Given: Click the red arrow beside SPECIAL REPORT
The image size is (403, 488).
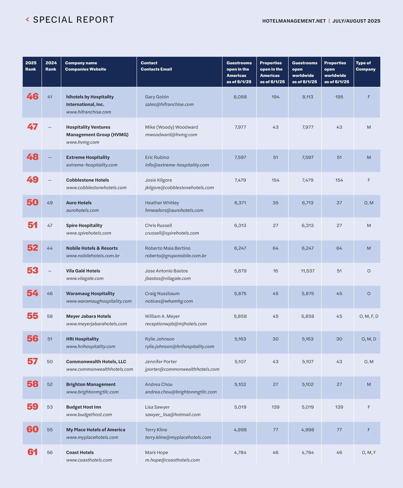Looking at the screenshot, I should (x=28, y=20).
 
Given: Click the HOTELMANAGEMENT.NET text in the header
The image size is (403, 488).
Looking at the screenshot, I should (x=294, y=21).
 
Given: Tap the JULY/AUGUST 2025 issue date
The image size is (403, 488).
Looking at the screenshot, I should (x=356, y=21).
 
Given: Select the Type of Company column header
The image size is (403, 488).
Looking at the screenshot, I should (x=365, y=66).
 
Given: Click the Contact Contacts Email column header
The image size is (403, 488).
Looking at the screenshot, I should (x=156, y=66).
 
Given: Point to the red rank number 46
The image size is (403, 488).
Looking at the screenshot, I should (x=33, y=97).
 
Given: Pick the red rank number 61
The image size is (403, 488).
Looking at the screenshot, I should (x=33, y=452).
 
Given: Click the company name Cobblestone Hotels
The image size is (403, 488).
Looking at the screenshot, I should (x=87, y=180).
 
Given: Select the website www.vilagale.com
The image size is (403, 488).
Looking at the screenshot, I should (x=85, y=279).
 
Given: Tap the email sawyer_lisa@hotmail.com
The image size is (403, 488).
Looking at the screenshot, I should (x=173, y=415).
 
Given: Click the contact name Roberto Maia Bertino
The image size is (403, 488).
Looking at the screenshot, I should (x=168, y=248).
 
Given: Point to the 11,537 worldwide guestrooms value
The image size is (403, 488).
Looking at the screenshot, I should (x=308, y=271).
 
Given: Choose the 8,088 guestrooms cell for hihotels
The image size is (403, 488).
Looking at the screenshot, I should (x=240, y=97).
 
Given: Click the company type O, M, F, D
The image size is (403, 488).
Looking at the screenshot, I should (x=369, y=316).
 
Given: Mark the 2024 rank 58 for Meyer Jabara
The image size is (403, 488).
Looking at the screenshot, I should (x=50, y=316).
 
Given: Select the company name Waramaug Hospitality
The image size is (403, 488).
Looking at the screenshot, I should (x=90, y=294).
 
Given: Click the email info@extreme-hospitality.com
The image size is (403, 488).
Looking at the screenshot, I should (x=177, y=165).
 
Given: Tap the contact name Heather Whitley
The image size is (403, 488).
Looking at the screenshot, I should (x=162, y=203).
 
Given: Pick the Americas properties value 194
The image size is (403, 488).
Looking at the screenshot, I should (x=275, y=97).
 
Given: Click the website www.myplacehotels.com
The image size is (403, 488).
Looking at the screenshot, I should (x=92, y=437).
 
